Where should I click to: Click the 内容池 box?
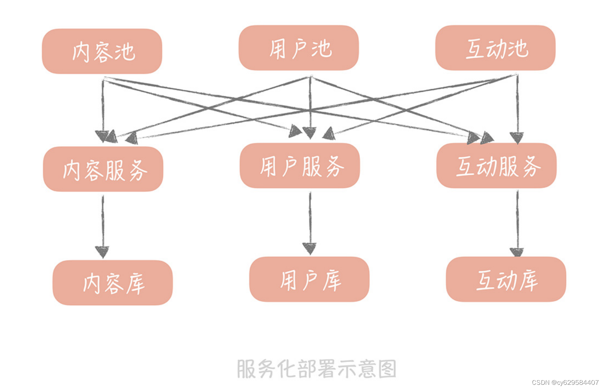click(x=102, y=51)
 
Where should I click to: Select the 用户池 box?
click(x=299, y=48)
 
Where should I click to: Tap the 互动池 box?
click(x=495, y=48)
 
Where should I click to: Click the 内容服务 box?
click(x=103, y=169)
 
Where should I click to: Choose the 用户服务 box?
click(x=300, y=166)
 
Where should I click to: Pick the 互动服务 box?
click(x=496, y=166)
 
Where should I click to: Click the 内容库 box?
click(x=113, y=283)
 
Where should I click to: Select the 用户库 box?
click(x=309, y=279)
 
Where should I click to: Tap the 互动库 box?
click(x=506, y=279)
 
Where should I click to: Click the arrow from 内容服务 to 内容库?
click(x=103, y=224)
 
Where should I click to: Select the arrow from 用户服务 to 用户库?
click(x=310, y=220)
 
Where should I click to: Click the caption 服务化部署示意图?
click(x=316, y=368)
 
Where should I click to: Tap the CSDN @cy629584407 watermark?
click(x=565, y=382)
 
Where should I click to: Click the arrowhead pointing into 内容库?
click(x=102, y=252)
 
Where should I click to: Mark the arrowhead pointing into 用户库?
click(x=310, y=248)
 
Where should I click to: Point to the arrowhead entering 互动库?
click(x=517, y=252)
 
